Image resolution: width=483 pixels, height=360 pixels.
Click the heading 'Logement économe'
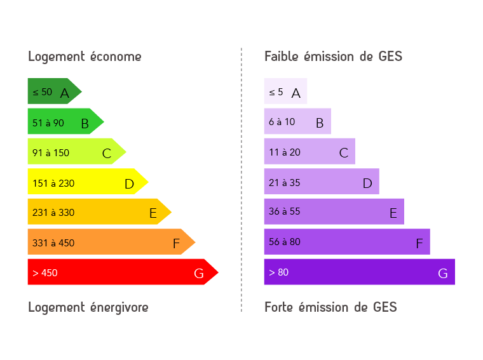85,57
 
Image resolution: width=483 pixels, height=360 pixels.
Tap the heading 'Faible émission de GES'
333,57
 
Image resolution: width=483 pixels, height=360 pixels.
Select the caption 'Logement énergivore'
88,307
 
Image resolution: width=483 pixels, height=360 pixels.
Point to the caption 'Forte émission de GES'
330,307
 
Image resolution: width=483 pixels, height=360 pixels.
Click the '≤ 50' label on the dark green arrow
43,92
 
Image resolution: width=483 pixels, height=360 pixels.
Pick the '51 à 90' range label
48,123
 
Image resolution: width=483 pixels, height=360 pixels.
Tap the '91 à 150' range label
51,152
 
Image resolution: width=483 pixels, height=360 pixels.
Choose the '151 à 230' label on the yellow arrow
53,183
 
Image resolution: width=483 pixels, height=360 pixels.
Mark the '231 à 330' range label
53,213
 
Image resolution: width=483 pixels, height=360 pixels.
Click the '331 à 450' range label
53,243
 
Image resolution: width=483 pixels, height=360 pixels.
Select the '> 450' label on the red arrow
45,273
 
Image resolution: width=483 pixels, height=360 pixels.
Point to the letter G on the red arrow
199,274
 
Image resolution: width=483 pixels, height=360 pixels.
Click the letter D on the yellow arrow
129,184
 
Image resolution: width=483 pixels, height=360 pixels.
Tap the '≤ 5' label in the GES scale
276,92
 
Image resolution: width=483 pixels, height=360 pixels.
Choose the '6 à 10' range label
282,122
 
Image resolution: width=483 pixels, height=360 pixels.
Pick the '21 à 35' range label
284,183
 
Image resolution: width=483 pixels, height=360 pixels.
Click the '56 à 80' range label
284,242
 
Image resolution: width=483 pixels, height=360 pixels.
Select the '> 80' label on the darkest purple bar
278,272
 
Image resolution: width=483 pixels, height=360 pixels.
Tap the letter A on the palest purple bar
296,93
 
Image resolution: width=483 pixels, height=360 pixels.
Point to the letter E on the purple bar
393,213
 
